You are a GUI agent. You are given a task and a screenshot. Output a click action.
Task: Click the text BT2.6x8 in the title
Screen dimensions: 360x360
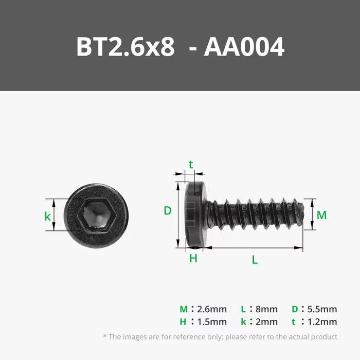pos(127,47)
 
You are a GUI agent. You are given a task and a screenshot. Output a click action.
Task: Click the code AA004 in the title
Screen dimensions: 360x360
pos(244,47)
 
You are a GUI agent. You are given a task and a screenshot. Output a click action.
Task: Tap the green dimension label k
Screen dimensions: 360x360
pos(48,217)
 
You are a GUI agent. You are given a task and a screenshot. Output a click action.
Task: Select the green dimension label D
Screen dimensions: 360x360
pos(167,210)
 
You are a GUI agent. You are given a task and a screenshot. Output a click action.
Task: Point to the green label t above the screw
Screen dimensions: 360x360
pos(191,165)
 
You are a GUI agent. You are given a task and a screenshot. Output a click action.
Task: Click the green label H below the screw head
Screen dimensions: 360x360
pos(193,259)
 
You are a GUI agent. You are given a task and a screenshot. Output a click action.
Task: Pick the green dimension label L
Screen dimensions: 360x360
pos(255,260)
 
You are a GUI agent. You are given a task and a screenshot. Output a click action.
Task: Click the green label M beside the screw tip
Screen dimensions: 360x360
pos(321,215)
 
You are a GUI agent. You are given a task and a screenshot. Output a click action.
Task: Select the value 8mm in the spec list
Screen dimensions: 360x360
pos(266,309)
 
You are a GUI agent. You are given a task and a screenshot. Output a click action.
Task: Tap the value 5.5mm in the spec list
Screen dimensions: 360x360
pos(322,309)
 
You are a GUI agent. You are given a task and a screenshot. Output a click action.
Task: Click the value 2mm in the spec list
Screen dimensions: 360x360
pos(266,322)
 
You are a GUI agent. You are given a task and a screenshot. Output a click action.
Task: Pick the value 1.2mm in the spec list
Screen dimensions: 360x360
pos(322,322)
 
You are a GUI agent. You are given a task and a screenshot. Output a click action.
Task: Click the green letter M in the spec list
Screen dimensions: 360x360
pos(184,309)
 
